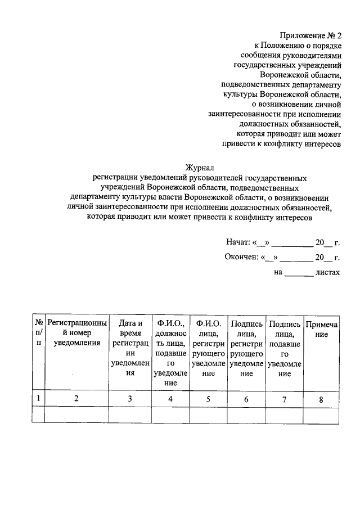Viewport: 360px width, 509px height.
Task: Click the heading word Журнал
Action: (200, 166)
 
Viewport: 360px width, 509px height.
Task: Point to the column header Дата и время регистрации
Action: (130, 348)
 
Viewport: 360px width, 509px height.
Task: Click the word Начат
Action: (237, 243)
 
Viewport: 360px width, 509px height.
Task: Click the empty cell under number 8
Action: (321, 415)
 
